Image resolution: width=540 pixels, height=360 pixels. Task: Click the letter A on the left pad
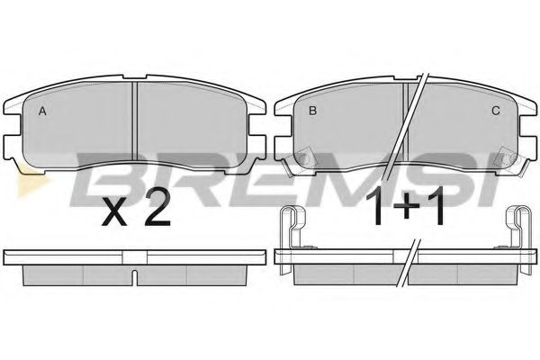(x=42, y=112)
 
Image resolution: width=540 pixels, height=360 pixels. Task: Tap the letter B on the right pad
(x=312, y=111)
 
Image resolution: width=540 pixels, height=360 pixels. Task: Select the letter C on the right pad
(x=496, y=111)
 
